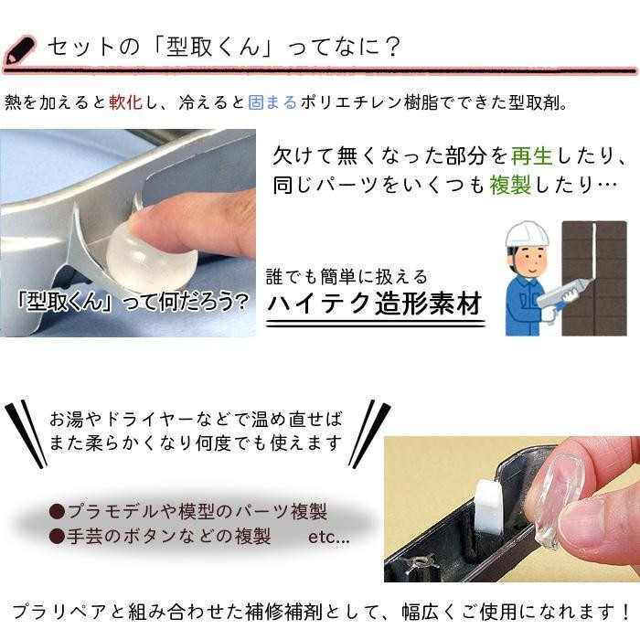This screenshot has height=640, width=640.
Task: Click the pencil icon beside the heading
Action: point(19,49)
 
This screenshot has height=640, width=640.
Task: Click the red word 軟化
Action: point(126,102)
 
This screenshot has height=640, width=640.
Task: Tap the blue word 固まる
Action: point(272,102)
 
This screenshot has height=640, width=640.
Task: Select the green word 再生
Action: point(531,155)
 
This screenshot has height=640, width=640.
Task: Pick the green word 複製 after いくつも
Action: point(510,185)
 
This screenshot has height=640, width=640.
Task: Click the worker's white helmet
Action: point(527,234)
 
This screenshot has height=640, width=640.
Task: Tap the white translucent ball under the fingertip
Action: point(150,255)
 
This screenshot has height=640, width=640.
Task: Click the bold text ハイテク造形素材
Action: point(375,304)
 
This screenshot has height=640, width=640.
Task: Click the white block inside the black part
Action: point(488,507)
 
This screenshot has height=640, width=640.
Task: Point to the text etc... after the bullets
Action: point(329,537)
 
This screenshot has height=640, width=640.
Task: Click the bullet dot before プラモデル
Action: point(57,511)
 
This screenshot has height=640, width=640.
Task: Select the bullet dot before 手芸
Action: point(57,537)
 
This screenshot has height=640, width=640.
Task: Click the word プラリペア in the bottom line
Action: point(59,612)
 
